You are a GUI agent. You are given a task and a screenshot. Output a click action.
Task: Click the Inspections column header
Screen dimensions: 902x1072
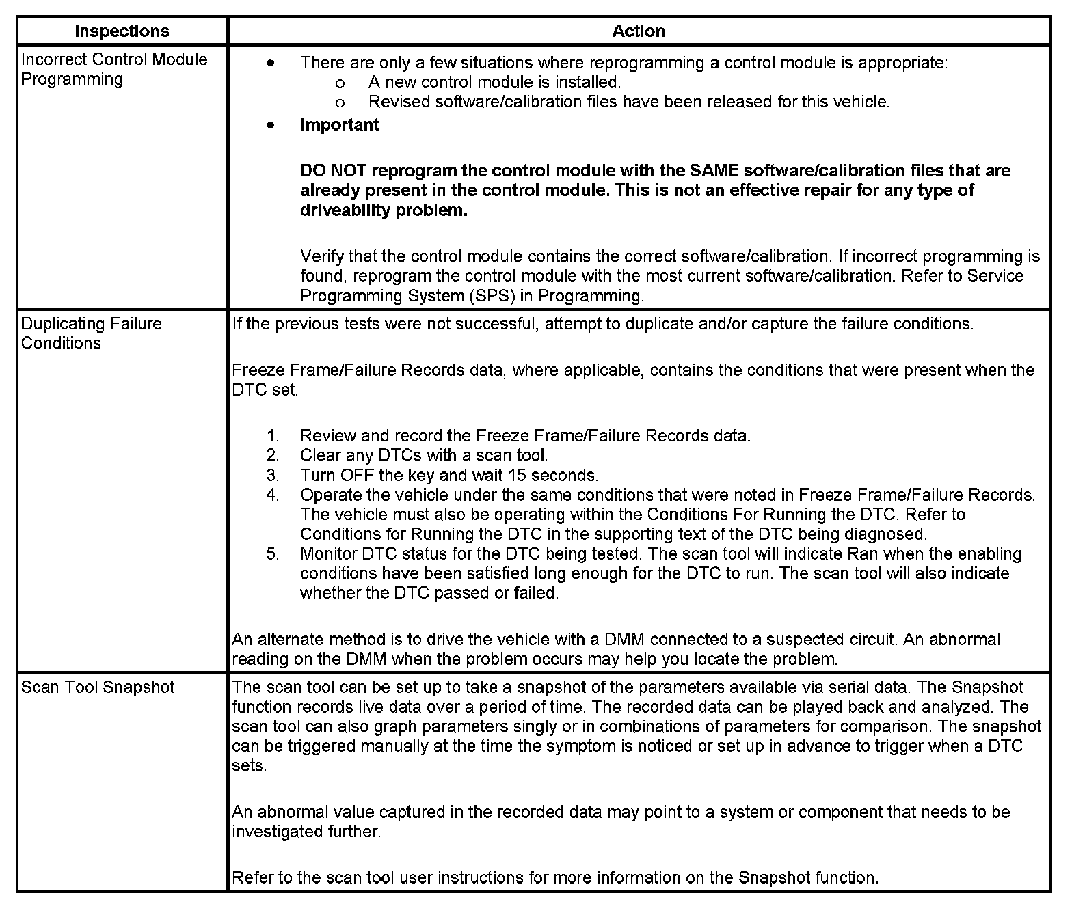point(122,31)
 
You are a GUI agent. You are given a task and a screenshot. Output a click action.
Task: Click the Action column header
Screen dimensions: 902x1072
point(639,31)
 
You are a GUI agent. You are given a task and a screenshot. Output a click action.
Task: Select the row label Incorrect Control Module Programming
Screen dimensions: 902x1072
point(114,69)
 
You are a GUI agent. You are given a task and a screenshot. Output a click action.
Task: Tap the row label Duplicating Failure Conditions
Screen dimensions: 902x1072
point(92,333)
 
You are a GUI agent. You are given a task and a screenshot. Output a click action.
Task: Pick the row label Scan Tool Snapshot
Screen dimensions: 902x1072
point(98,687)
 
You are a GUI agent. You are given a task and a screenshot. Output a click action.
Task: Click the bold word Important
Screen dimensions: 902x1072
point(340,125)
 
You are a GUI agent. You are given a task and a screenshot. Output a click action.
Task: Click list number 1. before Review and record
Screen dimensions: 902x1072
point(273,436)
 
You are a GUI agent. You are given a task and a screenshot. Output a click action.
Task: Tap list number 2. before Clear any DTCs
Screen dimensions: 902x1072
point(273,456)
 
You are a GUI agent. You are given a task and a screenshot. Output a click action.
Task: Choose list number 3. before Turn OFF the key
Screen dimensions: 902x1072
point(273,476)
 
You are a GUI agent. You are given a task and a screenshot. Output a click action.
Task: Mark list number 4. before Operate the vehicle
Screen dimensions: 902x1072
point(273,495)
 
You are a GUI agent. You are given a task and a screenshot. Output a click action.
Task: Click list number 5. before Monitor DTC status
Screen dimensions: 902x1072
point(273,554)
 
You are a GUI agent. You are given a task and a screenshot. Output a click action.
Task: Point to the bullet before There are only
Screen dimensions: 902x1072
point(271,64)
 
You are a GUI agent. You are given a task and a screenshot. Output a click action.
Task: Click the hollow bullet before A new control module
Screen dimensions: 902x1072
point(340,83)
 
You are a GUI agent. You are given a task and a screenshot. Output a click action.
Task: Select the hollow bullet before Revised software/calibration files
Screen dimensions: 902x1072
point(340,103)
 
